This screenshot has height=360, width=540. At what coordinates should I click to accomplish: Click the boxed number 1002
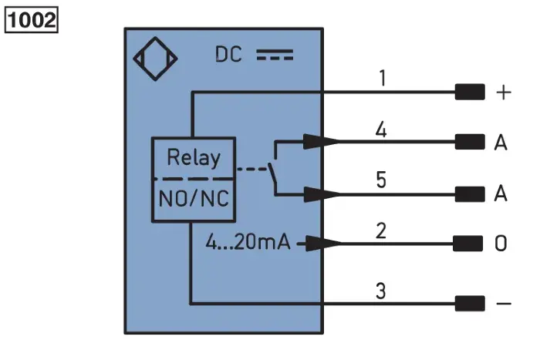pos(32,20)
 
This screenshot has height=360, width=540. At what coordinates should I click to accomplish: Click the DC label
pos(228,55)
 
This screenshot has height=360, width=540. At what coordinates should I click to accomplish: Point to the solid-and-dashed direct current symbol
pos(275,55)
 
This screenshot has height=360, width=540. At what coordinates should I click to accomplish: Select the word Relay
pos(194,157)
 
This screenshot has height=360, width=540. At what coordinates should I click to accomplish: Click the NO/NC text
pos(194,199)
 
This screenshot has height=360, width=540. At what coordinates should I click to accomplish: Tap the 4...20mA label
pos(248,241)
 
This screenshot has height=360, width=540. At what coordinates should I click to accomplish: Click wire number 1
pos(383,78)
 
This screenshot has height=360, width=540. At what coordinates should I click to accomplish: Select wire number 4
pos(381,130)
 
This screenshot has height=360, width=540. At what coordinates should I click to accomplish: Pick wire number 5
pos(381,180)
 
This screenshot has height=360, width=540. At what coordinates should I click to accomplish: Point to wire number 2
pos(381,230)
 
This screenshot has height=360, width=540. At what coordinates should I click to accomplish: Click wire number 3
pos(380,291)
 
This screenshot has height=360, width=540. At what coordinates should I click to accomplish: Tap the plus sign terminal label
pos(504,93)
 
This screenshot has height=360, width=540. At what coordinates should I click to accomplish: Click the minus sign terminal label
pos(504,304)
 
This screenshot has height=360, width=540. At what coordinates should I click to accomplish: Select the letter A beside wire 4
pos(501,142)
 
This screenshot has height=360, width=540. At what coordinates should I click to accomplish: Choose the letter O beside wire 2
pos(501,244)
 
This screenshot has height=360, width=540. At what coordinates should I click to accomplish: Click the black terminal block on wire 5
pos(470,194)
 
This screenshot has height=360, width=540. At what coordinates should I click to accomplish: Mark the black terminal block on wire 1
pos(470,92)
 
